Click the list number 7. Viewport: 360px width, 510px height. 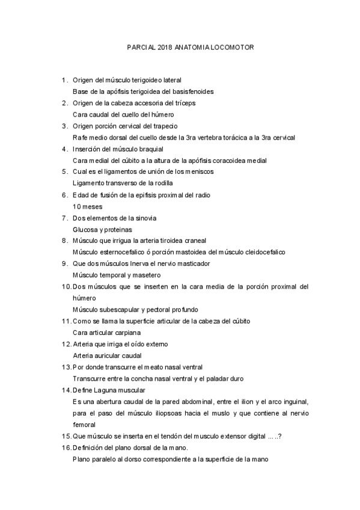(x=64, y=218)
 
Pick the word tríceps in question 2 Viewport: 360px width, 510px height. (x=184, y=103)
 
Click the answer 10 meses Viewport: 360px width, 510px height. (x=86, y=206)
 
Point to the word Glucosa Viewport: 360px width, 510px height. (x=85, y=229)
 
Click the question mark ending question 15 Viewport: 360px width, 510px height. (x=281, y=436)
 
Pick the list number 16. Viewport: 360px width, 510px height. (x=66, y=447)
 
